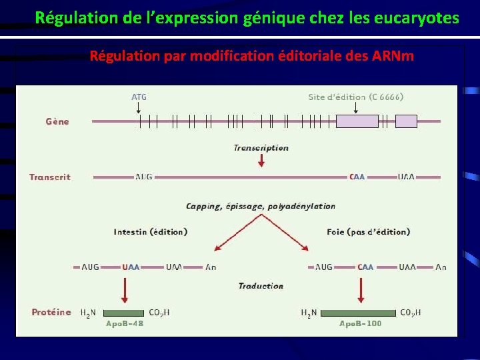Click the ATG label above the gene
tap(139, 97)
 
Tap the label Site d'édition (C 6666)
tap(355, 97)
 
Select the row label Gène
tap(57, 121)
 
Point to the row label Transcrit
tap(50, 177)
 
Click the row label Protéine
tap(51, 312)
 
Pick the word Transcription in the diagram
tap(261, 147)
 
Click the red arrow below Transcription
tap(261, 161)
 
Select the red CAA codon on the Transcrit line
tap(357, 177)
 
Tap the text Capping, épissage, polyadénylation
tap(261, 206)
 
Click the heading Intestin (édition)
tap(150, 232)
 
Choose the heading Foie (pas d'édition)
tap(368, 232)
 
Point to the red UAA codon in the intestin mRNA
tap(131, 267)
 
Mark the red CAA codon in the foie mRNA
tap(365, 267)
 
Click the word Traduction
tap(261, 286)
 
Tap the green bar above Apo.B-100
tap(358, 313)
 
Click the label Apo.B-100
tap(361, 323)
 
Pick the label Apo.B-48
tap(125, 323)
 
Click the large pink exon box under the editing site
tap(357, 121)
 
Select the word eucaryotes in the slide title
tap(419, 18)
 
